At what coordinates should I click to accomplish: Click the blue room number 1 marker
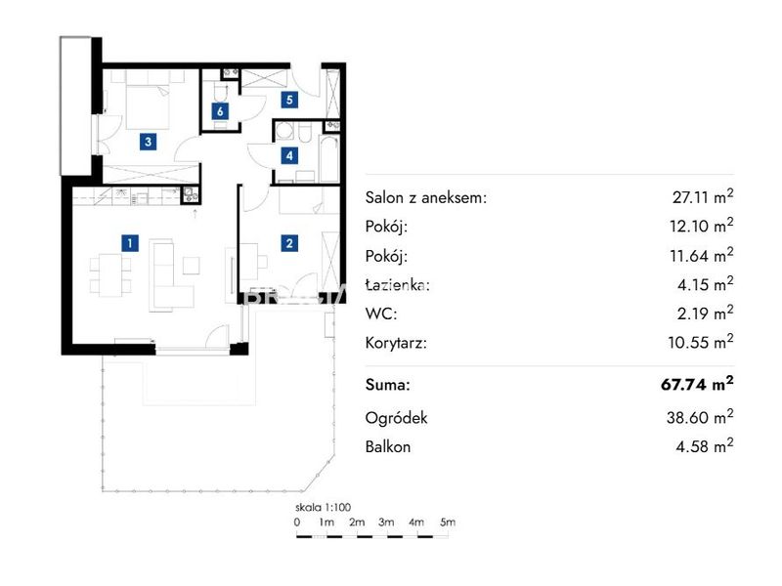tap(130, 243)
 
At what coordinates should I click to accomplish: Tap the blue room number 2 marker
tap(289, 243)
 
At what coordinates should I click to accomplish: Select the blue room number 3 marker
tap(148, 142)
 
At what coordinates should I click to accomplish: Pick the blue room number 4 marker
tap(289, 156)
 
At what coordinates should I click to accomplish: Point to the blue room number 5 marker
tap(289, 100)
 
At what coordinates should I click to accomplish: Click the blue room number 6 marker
tap(220, 111)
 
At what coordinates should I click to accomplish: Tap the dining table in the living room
tap(110, 275)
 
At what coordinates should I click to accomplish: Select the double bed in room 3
tap(148, 102)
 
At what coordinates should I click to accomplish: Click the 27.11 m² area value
tap(702, 196)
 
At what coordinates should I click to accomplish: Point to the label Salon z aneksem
tap(426, 198)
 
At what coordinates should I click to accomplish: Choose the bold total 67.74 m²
tap(697, 384)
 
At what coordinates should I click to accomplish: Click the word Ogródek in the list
tap(396, 418)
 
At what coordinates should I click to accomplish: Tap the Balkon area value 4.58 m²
tap(704, 445)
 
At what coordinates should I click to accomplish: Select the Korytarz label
tap(396, 343)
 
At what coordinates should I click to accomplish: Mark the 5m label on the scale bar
tap(448, 522)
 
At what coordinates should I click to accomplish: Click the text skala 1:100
tap(324, 507)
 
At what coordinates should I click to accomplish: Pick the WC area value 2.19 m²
tap(705, 313)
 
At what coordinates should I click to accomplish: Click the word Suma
tap(387, 385)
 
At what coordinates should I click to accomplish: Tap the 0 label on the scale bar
tap(297, 523)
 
